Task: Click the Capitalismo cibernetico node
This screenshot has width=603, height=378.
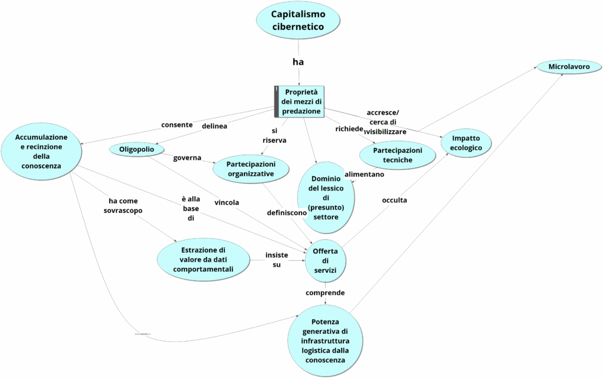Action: click(298, 20)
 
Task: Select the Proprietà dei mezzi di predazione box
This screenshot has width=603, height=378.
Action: click(301, 101)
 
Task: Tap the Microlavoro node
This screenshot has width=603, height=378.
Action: click(569, 66)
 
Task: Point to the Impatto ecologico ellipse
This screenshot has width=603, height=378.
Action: click(466, 143)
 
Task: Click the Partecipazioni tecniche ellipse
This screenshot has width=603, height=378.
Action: click(397, 155)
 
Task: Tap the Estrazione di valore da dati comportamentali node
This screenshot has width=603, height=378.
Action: click(203, 259)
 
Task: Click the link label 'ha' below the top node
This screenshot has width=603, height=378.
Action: click(298, 62)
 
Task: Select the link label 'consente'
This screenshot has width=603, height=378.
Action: click(177, 125)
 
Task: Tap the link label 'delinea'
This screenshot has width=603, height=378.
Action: click(215, 125)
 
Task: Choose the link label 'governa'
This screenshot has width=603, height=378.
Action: click(187, 158)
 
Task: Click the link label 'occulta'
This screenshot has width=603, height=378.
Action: click(395, 200)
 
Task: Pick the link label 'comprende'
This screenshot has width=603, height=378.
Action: click(325, 292)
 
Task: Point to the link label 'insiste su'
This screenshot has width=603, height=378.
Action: click(277, 259)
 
